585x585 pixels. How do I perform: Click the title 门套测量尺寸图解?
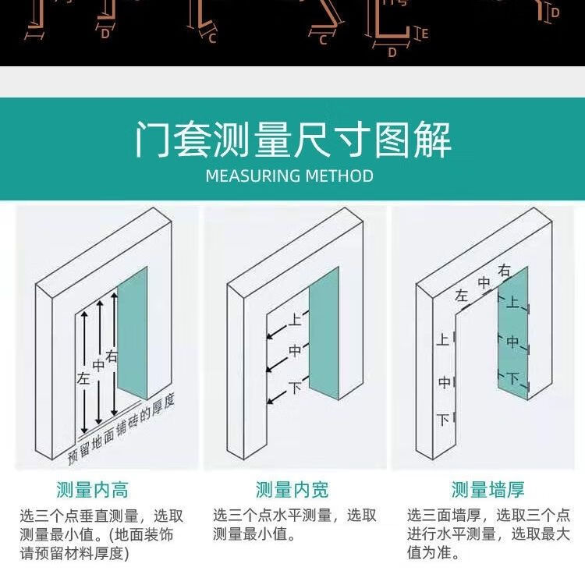click(292, 139)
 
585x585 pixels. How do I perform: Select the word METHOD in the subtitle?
click(339, 175)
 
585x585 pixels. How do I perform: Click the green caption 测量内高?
click(93, 490)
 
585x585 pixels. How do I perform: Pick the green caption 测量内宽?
click(292, 490)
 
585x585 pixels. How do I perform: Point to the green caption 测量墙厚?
click(488, 490)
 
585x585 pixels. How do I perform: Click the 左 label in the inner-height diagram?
click(84, 378)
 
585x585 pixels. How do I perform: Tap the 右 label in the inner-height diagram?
click(112, 357)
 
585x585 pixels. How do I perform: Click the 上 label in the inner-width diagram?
click(295, 319)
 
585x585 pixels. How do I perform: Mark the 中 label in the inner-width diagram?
click(295, 352)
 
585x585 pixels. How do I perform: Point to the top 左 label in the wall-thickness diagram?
click(462, 296)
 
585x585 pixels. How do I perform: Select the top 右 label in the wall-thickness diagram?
click(505, 271)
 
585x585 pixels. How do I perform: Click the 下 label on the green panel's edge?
click(512, 379)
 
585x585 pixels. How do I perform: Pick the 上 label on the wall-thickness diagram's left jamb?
click(443, 340)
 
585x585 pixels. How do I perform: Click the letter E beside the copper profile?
click(424, 34)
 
